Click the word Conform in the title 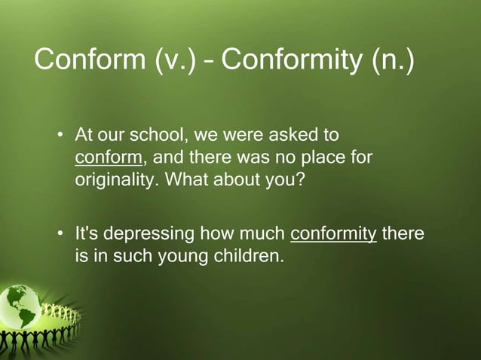[89, 59]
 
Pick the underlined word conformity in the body [333, 233]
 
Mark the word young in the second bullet [178, 256]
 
